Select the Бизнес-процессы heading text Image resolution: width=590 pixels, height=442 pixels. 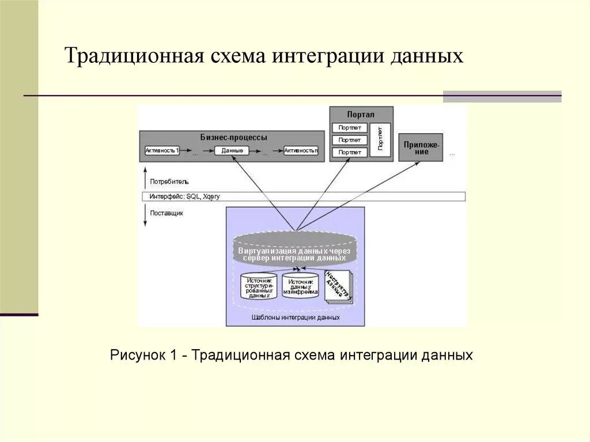(233, 138)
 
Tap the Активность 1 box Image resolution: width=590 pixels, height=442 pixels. (162, 150)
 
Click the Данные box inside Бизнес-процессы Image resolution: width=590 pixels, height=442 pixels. (232, 150)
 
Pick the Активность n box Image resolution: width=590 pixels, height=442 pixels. (301, 150)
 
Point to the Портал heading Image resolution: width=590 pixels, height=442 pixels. (361, 115)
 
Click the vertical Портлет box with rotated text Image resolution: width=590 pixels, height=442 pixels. (380, 139)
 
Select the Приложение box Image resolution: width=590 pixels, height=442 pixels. (421, 148)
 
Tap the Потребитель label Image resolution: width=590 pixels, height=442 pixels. (169, 182)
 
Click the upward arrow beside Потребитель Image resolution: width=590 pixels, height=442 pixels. (146, 178)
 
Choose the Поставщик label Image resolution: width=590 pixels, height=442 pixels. (167, 213)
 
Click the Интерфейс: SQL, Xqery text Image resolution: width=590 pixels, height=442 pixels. (185, 197)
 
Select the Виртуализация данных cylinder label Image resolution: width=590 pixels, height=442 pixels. (295, 254)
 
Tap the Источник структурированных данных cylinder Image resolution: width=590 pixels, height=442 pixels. (259, 287)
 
